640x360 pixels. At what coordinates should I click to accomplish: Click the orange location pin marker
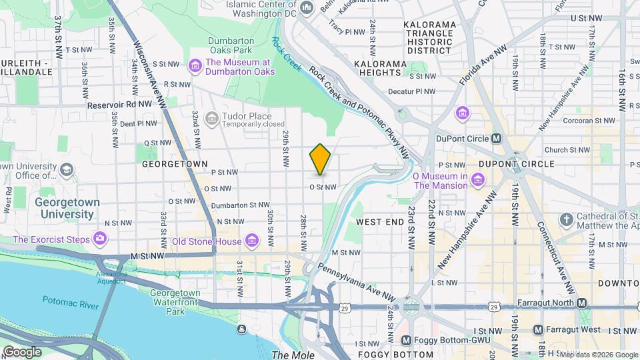click(x=320, y=159)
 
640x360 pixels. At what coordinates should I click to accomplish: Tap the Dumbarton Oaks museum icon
click(x=195, y=65)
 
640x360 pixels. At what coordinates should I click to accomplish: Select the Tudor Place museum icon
click(x=212, y=119)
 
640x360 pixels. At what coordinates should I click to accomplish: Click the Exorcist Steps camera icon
click(x=100, y=238)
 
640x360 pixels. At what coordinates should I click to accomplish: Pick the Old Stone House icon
click(x=251, y=239)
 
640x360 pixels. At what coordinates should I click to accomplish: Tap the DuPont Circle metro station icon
click(x=496, y=139)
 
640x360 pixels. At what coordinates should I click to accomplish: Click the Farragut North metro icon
click(x=581, y=303)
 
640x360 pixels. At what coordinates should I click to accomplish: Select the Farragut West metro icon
click(x=538, y=329)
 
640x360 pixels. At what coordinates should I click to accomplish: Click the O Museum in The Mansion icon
click(x=477, y=180)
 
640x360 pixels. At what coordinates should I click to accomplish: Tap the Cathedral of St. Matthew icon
click(x=566, y=219)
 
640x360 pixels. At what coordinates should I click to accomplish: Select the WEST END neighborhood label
click(x=380, y=221)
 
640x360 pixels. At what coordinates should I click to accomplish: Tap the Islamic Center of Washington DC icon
click(x=307, y=7)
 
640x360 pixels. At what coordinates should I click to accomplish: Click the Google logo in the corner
click(x=22, y=351)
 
